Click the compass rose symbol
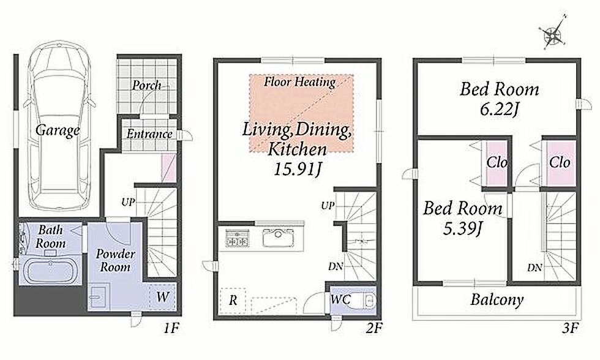[x=552, y=34]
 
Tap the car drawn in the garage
[x=59, y=126]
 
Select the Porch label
[x=146, y=85]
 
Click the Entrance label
[x=149, y=134]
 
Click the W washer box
[x=163, y=296]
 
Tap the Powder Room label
[x=115, y=260]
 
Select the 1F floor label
[x=171, y=328]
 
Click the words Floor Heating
[x=299, y=81]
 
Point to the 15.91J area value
[x=297, y=169]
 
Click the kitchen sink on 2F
[x=278, y=238]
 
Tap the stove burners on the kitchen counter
[x=237, y=238]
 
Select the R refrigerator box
[x=233, y=301]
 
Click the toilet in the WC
[x=368, y=300]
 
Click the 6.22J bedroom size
[x=499, y=110]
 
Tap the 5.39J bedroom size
[x=462, y=228]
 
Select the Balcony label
[x=497, y=299]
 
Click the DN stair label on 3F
[x=534, y=268]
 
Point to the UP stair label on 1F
[x=128, y=201]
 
